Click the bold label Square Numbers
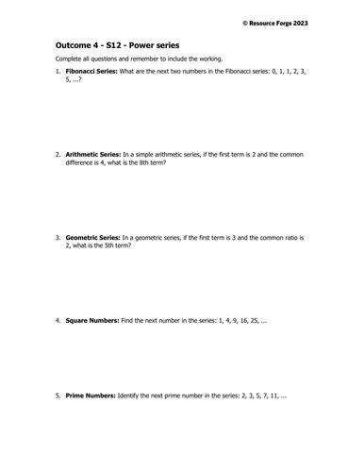click(91, 321)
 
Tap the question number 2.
click(58, 154)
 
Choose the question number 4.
click(58, 321)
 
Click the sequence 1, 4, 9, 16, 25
click(239, 321)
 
